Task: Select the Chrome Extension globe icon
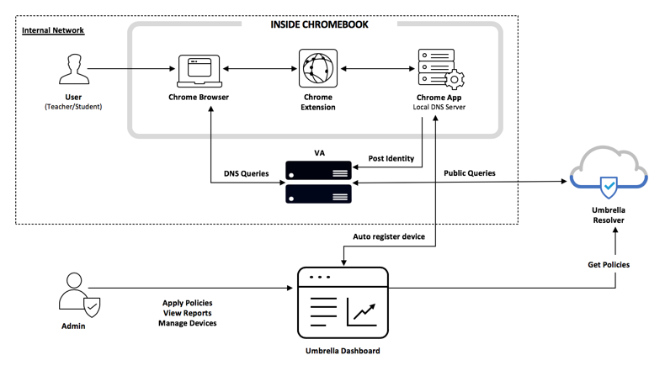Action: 317,68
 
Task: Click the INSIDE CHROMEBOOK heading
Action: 319,24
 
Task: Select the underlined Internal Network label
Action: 53,31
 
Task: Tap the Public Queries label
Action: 472,173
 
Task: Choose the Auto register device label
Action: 388,238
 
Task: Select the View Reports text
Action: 187,312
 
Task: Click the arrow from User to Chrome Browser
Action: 130,68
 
